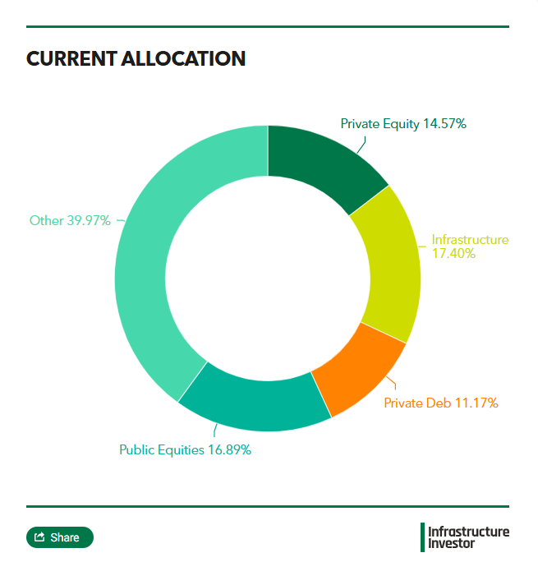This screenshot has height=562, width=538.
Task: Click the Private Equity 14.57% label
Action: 403,124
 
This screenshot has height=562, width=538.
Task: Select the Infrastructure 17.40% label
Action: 470,246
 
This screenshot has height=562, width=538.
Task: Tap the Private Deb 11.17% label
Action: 440,403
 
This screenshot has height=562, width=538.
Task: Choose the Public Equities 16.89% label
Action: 185,449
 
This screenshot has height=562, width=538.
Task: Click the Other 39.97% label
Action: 70,220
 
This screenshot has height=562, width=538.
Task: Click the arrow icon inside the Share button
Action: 39,537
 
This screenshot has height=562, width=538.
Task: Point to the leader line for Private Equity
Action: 362,145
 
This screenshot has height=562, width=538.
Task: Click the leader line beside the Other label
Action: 120,220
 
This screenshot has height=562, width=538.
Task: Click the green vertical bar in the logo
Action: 422,537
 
